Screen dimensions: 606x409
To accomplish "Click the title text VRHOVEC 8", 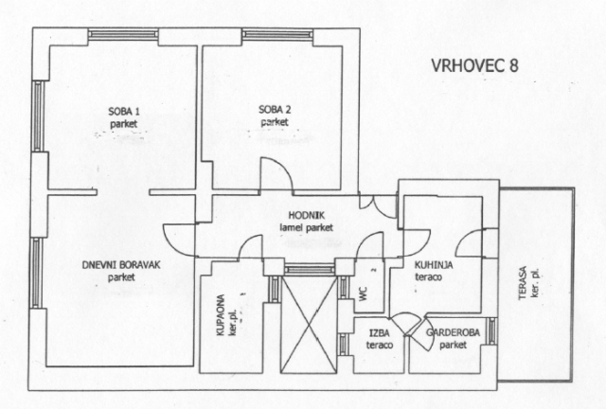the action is click(x=474, y=65).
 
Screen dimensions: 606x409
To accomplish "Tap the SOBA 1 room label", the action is click(x=124, y=112).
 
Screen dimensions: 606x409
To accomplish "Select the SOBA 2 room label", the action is click(x=275, y=110).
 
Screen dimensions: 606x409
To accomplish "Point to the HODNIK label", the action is click(x=307, y=215).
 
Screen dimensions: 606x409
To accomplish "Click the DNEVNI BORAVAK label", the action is click(x=121, y=265).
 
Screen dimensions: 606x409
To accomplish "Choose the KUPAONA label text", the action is click(x=221, y=315).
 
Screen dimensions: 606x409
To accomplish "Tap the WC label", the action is click(x=363, y=295).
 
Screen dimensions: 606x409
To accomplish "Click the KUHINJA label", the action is click(x=434, y=265).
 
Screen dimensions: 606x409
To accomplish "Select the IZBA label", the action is click(x=379, y=333).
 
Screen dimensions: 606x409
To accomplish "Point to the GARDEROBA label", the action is click(x=453, y=332).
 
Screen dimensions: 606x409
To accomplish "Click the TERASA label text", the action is click(x=523, y=283).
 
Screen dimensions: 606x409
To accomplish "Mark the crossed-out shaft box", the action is click(x=309, y=325).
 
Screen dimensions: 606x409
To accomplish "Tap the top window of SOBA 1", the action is click(x=123, y=34).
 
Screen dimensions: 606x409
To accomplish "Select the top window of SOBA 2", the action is click(x=277, y=34).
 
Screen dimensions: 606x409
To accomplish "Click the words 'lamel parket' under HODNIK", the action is click(x=307, y=228).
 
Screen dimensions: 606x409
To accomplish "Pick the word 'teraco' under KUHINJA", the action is click(x=428, y=277).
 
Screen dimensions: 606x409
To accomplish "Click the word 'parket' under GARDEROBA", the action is click(x=453, y=345).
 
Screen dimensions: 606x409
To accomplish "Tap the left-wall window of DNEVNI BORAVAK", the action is click(x=36, y=273).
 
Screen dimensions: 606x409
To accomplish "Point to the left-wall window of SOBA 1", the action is click(x=38, y=116).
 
